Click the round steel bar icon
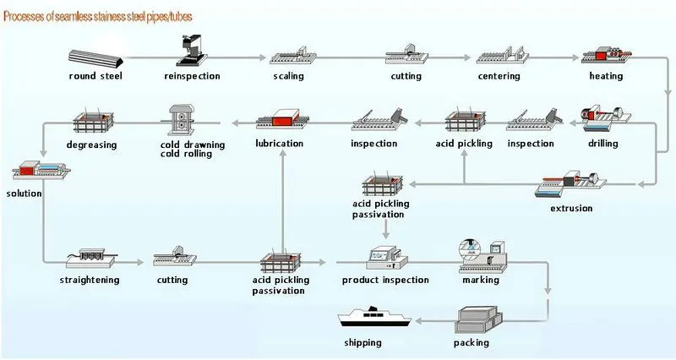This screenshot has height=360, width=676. (x=97, y=59)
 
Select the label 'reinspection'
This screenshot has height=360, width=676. (x=192, y=77)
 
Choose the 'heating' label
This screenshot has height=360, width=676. (x=606, y=77)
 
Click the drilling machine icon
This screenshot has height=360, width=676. (x=598, y=121)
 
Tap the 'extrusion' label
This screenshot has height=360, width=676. (x=571, y=208)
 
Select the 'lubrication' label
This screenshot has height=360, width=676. (x=279, y=144)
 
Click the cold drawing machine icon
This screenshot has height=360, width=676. (x=181, y=121)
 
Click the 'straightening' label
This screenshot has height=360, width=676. (x=90, y=280)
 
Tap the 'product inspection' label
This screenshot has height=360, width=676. (x=385, y=280)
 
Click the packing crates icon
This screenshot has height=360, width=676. (x=478, y=322)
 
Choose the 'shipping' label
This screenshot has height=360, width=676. (x=363, y=342)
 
